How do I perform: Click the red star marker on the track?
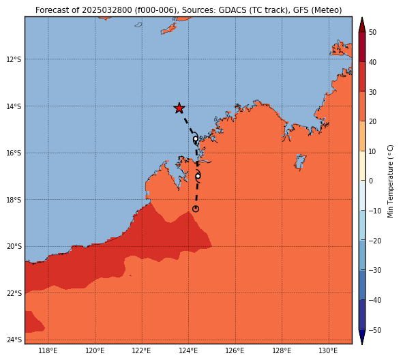click(x=179, y=108)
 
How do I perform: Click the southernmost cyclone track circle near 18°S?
click(x=196, y=209)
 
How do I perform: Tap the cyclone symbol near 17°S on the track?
click(x=198, y=176)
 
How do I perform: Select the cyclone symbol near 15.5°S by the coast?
click(x=196, y=139)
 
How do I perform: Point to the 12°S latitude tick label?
click(x=14, y=59)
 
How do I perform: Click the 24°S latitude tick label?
click(x=14, y=340)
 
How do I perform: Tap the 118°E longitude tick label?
click(x=48, y=350)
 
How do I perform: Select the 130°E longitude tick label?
click(x=328, y=350)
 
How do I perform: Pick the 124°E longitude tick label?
click(x=188, y=350)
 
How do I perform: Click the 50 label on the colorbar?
click(x=372, y=32)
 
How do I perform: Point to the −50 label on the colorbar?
click(x=375, y=330)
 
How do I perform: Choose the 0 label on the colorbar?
click(x=371, y=181)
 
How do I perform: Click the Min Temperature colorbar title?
click(x=390, y=181)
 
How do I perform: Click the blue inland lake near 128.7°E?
click(x=300, y=162)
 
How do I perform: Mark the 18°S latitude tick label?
click(x=14, y=200)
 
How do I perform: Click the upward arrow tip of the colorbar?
click(x=362, y=17)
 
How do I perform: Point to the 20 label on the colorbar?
click(x=372, y=121)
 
